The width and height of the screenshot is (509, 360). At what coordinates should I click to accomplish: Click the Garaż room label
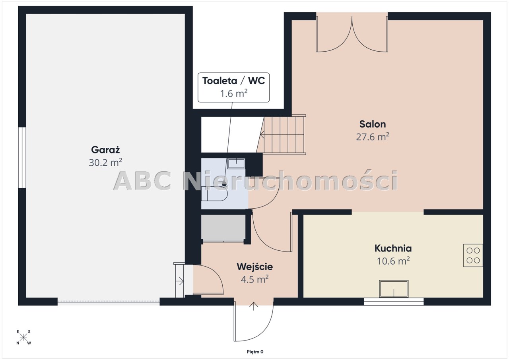click(x=105, y=150)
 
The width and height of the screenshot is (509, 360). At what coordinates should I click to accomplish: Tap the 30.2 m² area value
click(x=105, y=163)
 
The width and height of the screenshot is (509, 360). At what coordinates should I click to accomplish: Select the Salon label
click(x=373, y=124)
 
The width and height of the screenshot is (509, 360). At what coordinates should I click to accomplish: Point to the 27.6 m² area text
click(x=373, y=137)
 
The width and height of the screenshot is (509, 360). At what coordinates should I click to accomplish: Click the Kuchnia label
click(x=393, y=248)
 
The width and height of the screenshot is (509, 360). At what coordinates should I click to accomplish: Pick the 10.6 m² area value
click(x=393, y=261)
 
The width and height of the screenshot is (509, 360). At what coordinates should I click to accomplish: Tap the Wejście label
click(x=255, y=267)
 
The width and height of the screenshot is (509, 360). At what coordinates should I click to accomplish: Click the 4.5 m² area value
click(x=255, y=279)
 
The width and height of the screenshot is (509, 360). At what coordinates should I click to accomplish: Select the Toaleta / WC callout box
click(x=233, y=87)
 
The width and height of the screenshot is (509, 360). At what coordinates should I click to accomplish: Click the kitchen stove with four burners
click(x=473, y=255)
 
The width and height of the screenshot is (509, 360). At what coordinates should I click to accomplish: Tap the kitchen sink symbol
click(x=394, y=289)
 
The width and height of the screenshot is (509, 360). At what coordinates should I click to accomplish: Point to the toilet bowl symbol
click(x=214, y=194)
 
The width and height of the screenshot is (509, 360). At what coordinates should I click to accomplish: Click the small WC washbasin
click(x=236, y=163)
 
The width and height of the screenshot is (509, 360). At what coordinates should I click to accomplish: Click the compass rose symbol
click(x=23, y=337)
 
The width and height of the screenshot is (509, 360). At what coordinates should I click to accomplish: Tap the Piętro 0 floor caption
click(x=255, y=352)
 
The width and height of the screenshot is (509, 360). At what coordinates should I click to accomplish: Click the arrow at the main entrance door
click(x=254, y=306)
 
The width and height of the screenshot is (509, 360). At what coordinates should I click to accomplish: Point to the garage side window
click(x=22, y=157)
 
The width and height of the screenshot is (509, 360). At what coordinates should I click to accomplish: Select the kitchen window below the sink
click(x=394, y=302)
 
